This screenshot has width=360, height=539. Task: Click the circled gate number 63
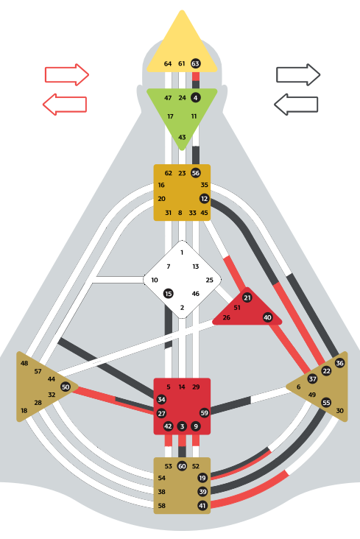coord(195,63)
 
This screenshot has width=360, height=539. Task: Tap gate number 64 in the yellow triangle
coord(168,63)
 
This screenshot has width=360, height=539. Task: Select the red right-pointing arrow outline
coord(67,74)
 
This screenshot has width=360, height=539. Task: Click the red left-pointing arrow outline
coord(65,104)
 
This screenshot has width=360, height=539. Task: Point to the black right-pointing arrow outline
coord(298,74)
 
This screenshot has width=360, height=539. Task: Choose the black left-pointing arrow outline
coord(296,104)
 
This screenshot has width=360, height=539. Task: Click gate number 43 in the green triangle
coord(182,137)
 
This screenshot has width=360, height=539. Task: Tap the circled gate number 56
coord(195,173)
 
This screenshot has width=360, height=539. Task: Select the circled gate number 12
coord(204,198)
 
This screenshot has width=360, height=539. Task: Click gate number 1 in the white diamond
coord(182,253)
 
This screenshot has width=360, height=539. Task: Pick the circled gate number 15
coord(168,294)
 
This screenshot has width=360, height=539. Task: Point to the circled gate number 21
coord(247,297)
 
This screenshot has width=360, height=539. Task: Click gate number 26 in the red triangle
coord(226,317)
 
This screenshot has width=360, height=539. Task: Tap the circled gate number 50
coord(66,387)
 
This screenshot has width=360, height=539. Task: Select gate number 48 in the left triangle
coord(24,363)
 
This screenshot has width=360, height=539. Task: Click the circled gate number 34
coord(161,399)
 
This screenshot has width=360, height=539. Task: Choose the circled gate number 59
coord(204,413)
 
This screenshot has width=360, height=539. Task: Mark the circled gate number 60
coord(182,466)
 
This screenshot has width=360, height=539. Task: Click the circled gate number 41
coord(202,506)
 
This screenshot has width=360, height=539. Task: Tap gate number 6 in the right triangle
coord(298,387)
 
